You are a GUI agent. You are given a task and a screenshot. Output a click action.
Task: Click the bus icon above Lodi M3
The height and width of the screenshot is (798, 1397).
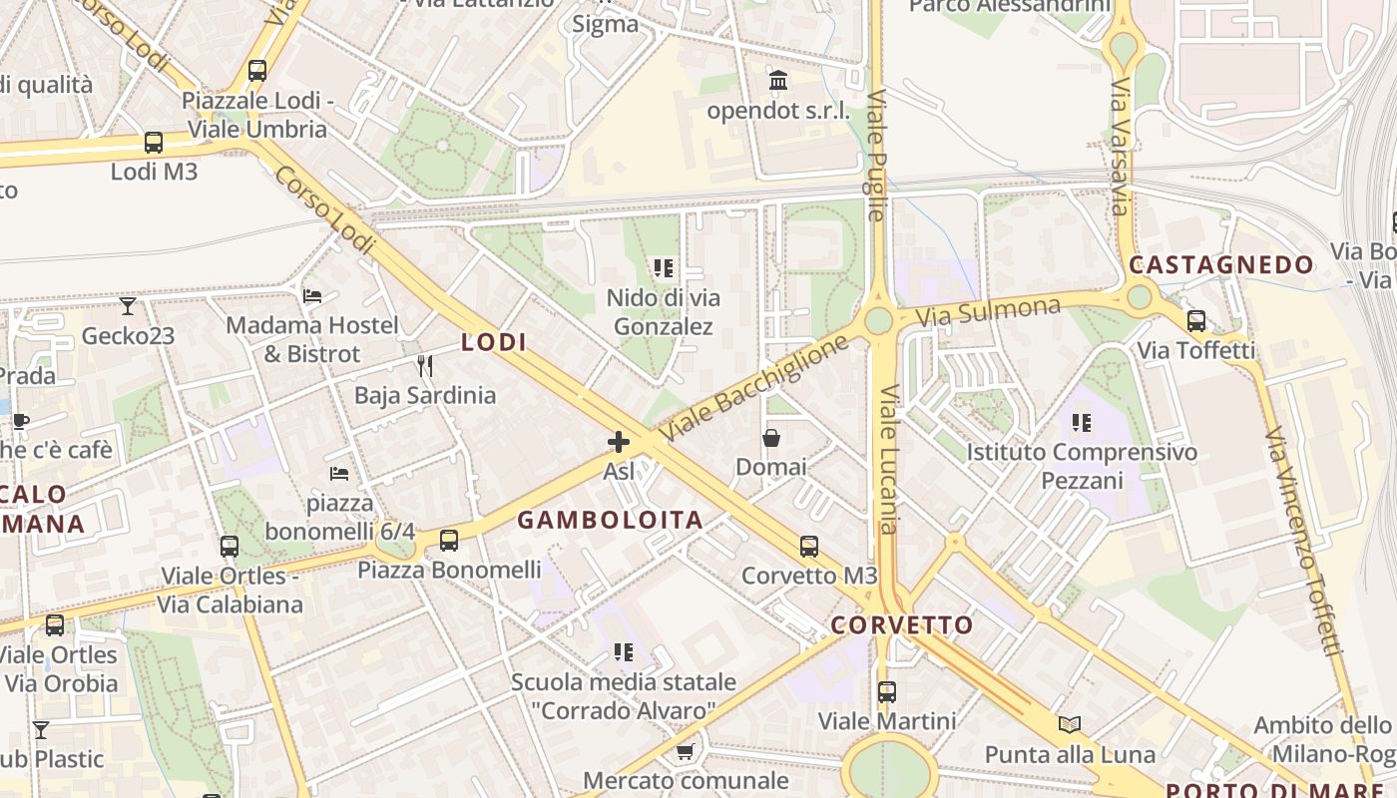(154, 143)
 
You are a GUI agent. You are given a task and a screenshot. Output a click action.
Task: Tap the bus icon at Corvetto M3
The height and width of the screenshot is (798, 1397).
(808, 547)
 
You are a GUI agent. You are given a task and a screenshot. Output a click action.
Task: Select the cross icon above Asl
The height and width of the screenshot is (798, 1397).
(619, 442)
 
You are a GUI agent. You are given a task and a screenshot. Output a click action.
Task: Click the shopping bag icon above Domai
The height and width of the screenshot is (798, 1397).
(771, 438)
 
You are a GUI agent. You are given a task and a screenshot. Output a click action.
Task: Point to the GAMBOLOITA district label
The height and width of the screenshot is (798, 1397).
(610, 520)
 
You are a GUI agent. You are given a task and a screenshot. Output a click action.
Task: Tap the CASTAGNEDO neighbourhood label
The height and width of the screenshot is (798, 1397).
(1221, 264)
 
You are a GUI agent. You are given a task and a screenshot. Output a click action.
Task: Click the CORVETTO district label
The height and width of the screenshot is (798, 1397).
(902, 625)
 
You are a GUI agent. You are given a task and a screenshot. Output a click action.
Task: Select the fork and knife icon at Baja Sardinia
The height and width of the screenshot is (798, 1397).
(425, 366)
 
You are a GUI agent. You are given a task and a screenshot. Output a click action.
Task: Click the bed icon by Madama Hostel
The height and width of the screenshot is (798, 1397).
(312, 296)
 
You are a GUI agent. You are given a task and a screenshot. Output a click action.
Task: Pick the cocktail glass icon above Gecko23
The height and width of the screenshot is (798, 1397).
(128, 306)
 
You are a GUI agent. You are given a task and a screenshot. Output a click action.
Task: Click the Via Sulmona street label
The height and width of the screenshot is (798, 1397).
(988, 311)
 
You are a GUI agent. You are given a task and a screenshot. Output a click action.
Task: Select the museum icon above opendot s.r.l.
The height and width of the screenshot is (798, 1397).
(778, 81)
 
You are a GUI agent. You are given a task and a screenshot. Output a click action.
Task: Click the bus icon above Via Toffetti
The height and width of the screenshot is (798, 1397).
(1195, 321)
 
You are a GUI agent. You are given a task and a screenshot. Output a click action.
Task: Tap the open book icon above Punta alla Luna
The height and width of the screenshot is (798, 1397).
(1070, 725)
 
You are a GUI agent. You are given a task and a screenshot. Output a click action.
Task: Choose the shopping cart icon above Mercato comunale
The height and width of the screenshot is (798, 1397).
(685, 751)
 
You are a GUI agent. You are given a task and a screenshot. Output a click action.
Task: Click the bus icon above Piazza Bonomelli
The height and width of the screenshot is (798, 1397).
(449, 541)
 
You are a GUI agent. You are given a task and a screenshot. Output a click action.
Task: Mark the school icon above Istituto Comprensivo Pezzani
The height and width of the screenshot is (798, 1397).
(1082, 423)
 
